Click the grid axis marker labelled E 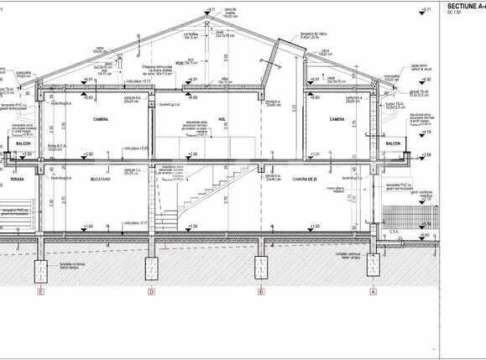pos(40,292)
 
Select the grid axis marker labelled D pos(151,292)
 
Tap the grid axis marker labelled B pos(262,292)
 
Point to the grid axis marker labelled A pos(373,292)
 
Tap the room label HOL pos(222,120)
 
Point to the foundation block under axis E pos(40,269)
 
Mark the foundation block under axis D pos(151,269)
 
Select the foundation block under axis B pos(262,269)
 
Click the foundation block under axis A pos(373,269)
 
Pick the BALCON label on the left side pos(24,143)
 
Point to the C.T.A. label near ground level pos(395,231)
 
